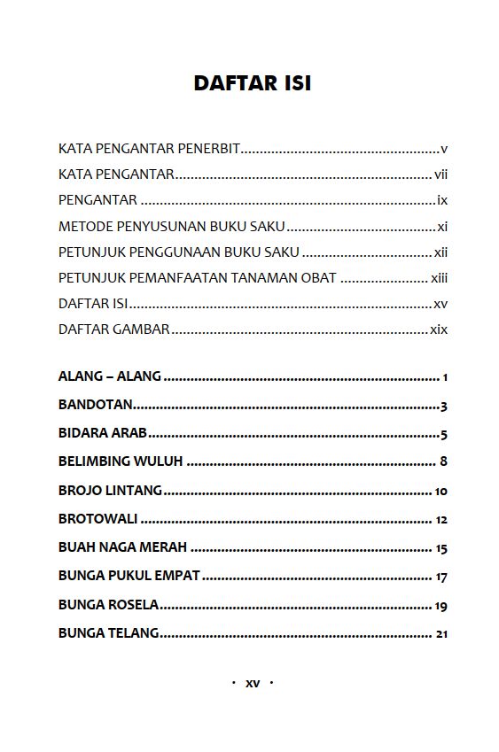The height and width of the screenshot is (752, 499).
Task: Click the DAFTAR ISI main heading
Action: tap(252, 83)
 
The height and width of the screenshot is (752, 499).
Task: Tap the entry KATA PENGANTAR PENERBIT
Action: tap(149, 149)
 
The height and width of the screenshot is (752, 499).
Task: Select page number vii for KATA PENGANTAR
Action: tap(441, 174)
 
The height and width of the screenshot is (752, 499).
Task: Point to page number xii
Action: tap(441, 252)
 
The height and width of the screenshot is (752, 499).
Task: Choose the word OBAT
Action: tap(318, 278)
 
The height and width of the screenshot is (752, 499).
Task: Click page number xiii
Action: tap(439, 278)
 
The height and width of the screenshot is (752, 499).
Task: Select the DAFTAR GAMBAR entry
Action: tap(113, 329)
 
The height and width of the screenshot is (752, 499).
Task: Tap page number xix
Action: tap(439, 329)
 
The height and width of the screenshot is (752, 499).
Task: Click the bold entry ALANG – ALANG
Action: tap(110, 376)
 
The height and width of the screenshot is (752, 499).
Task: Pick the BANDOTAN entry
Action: tap(96, 405)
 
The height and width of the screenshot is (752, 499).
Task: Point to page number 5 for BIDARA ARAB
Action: tap(443, 434)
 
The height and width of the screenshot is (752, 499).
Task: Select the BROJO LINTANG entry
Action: tap(110, 491)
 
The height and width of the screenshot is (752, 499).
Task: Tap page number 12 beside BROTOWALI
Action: tap(441, 520)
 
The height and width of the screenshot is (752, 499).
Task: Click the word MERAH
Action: tap(162, 547)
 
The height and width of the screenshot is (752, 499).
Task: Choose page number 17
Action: tap(441, 578)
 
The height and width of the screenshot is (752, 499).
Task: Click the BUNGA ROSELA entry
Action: tap(108, 605)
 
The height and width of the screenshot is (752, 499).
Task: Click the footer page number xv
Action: tap(253, 683)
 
